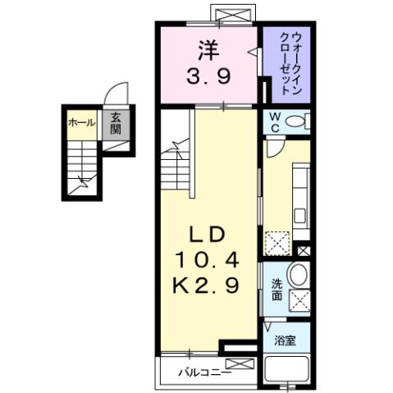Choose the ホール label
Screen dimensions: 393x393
coord(81,123)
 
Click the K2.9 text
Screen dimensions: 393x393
coord(208,286)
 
